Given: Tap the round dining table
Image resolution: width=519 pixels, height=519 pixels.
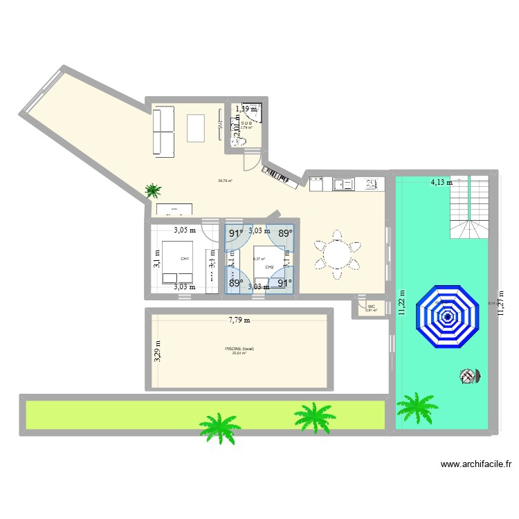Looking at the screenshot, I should point(337,255).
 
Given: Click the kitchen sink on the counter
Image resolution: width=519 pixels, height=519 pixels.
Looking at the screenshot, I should point(343,184).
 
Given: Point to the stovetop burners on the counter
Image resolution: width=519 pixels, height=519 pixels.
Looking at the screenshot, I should point(372,184).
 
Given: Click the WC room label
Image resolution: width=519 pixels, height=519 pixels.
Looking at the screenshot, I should point(372,306).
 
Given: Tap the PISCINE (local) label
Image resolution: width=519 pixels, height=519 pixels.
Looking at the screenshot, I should point(239,349).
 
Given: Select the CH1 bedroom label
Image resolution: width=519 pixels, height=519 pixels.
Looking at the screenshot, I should point(185,259).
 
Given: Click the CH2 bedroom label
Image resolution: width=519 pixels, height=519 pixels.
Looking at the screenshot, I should point(268,267).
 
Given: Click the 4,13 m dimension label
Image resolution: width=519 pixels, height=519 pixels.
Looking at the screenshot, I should point(441,183).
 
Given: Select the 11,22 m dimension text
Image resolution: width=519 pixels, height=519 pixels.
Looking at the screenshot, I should point(401,302).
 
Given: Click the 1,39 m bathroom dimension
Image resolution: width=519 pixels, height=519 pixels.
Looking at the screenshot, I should point(246,109).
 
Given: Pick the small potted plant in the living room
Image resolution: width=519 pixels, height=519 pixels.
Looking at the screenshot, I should point(153,190).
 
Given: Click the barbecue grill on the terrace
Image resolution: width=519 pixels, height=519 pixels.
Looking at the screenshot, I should point(470,376).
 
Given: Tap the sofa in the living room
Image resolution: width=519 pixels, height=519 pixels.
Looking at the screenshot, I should point(165,131).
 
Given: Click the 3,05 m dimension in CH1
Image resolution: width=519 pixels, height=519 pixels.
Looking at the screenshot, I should point(185,231).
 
